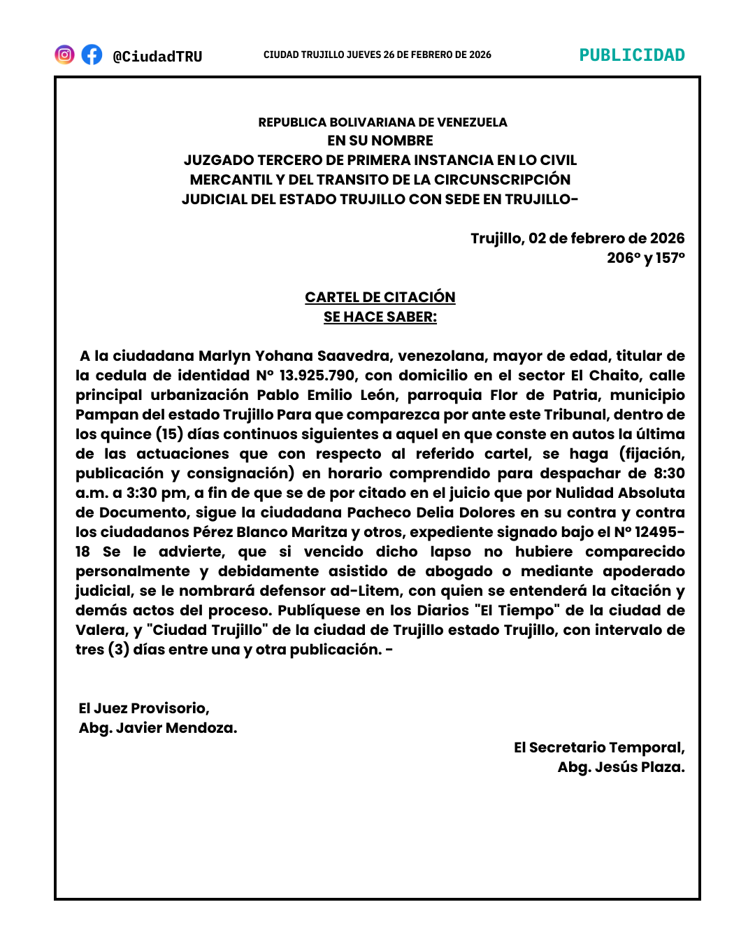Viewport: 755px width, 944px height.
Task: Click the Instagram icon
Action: [64, 55]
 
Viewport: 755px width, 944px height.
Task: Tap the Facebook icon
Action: [92, 55]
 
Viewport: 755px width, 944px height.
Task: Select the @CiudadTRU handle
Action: [157, 57]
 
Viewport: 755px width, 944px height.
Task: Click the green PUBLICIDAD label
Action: [632, 55]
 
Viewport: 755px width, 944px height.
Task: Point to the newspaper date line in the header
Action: [377, 55]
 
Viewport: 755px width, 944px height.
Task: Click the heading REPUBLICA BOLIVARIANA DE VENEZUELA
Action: [382, 122]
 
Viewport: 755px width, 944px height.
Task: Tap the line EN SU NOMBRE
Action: [380, 141]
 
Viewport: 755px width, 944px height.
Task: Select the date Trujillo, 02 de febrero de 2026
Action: [577, 238]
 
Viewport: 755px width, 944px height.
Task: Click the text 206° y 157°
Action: [645, 258]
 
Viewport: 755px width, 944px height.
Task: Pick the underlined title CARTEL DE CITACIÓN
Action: [380, 297]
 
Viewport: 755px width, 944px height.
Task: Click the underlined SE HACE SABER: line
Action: [380, 317]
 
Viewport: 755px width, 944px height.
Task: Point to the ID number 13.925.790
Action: [317, 376]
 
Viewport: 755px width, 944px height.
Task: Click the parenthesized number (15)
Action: [169, 434]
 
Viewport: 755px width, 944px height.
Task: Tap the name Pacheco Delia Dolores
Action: [431, 513]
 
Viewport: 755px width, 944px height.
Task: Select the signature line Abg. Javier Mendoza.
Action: [158, 728]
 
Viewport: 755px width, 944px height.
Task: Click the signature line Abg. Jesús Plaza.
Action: [621, 767]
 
